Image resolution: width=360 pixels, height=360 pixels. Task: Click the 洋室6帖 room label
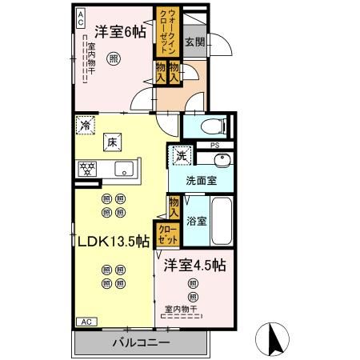pyautogui.click(x=119, y=33)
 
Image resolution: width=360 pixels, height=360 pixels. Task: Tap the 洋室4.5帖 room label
pyautogui.click(x=194, y=265)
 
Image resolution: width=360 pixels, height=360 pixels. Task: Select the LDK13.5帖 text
pyautogui.click(x=113, y=241)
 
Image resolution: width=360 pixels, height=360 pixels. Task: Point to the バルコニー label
pyautogui.click(x=140, y=342)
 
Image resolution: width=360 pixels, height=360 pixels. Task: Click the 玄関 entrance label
pyautogui.click(x=194, y=43)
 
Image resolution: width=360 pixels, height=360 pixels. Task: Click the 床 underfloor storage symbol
pyautogui.click(x=114, y=141)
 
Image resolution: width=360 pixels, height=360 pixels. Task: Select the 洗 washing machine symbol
pyautogui.click(x=181, y=155)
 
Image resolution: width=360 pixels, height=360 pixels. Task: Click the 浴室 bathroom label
pyautogui.click(x=197, y=220)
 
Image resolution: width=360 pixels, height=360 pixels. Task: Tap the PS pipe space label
pyautogui.click(x=214, y=145)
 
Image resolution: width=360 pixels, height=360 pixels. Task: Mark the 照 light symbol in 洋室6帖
pyautogui.click(x=114, y=58)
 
